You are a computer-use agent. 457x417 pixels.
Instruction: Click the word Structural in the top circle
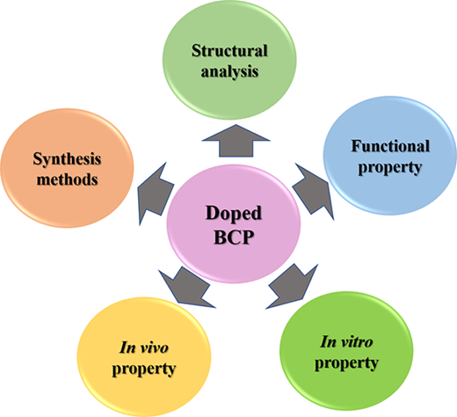point(229,51)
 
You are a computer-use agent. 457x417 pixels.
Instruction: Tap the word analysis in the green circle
point(229,71)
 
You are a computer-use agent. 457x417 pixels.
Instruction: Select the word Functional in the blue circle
point(390,146)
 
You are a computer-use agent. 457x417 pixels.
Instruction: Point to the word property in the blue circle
point(390,167)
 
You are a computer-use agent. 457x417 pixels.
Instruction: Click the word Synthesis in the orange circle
point(67,159)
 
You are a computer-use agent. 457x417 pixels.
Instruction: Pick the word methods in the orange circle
point(67,179)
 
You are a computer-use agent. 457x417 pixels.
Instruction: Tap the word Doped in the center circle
point(234,214)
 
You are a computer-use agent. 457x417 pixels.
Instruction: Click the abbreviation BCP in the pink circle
point(234,237)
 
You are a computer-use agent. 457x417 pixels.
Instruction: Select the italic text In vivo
point(144,347)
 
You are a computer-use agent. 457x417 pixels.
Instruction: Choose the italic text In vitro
point(346,341)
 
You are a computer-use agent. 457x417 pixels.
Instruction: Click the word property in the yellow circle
point(144,369)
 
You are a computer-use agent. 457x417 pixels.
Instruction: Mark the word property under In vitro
point(346,363)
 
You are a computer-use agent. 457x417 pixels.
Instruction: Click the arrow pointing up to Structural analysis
point(236,143)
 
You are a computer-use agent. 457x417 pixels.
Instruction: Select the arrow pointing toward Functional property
point(314,191)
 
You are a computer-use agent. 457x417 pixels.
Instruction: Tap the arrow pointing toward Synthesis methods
point(156,194)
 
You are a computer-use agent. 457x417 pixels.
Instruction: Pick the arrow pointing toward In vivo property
point(187,289)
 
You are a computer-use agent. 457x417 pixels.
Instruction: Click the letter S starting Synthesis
point(37,159)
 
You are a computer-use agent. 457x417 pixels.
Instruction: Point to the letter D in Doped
point(212,213)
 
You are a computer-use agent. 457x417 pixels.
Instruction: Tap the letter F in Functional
point(357,146)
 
